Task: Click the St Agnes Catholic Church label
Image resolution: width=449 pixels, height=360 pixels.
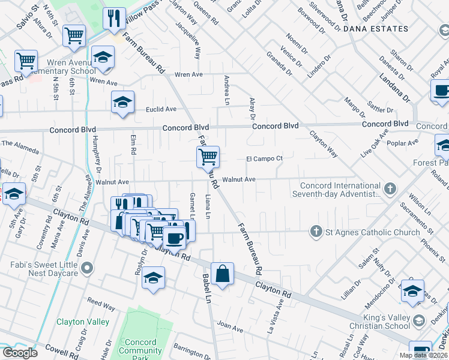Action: [373, 232]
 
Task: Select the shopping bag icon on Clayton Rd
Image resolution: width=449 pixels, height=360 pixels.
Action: [222, 274]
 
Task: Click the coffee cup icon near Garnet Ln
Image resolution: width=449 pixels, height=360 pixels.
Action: [175, 237]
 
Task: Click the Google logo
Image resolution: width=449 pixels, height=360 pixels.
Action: [20, 353]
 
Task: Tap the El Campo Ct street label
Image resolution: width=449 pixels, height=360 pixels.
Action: [264, 158]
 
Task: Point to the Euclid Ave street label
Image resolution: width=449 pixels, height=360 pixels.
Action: [161, 109]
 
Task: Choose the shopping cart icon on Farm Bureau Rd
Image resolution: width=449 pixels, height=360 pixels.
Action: [208, 157]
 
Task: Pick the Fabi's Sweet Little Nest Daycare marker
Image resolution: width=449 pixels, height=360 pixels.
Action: [88, 268]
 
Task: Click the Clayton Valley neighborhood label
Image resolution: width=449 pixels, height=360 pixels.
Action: [83, 322]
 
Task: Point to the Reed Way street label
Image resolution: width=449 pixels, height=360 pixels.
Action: [101, 306]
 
